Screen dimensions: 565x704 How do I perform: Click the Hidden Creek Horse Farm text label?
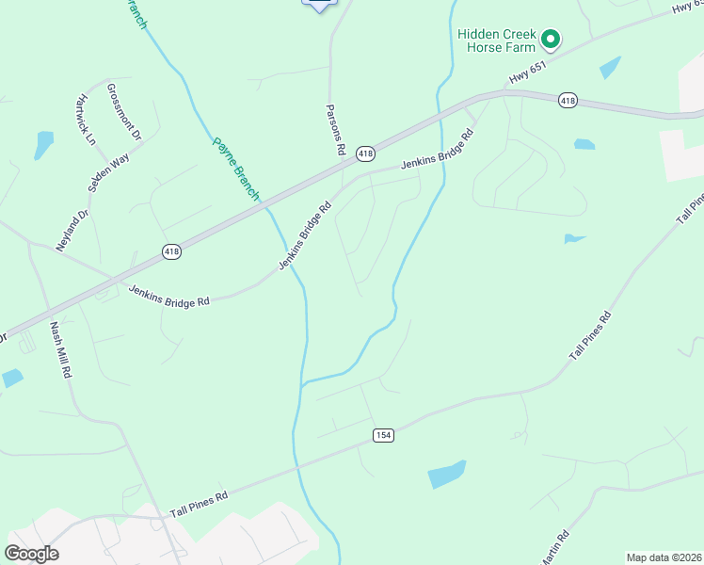(496, 40)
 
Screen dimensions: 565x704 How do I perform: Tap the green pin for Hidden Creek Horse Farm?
(551, 40)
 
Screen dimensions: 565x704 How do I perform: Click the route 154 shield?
(382, 435)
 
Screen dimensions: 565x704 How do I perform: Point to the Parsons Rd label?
(337, 130)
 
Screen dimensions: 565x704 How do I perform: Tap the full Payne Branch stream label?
(235, 169)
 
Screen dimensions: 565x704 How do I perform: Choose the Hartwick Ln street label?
(87, 120)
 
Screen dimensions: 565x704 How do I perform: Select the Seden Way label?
(108, 173)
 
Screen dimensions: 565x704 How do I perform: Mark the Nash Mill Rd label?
(59, 349)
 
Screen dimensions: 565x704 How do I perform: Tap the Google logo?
(31, 554)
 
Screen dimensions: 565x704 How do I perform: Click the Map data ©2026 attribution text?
(664, 557)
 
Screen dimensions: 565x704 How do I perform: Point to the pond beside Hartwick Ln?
(43, 144)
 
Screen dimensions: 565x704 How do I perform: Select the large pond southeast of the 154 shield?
(447, 474)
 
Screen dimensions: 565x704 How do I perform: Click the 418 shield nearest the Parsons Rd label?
(366, 153)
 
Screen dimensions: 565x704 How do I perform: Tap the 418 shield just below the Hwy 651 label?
(567, 100)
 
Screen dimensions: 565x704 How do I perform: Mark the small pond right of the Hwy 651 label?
(610, 68)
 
